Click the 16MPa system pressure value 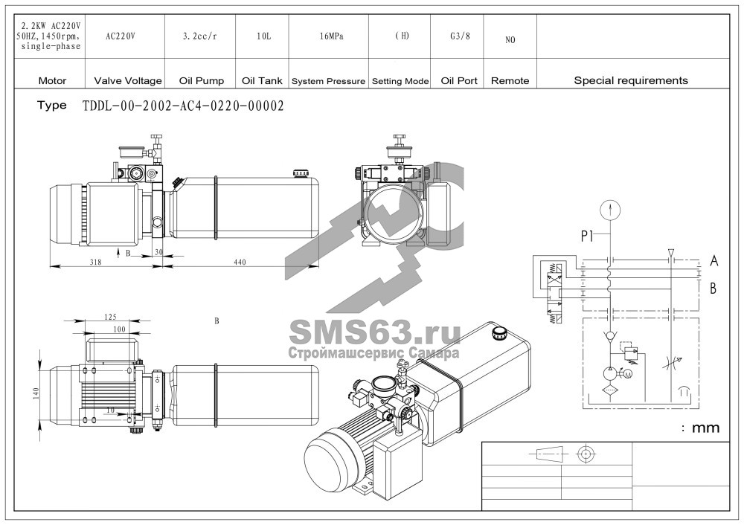tap(331, 36)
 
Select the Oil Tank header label tap(262, 80)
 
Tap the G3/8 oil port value tap(460, 36)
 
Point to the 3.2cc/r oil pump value tap(199, 36)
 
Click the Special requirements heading tap(631, 80)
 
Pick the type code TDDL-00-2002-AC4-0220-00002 tap(183, 106)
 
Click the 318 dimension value tap(95, 262)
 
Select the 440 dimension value tap(240, 262)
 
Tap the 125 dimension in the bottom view tap(109, 316)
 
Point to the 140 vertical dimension tap(36, 393)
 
